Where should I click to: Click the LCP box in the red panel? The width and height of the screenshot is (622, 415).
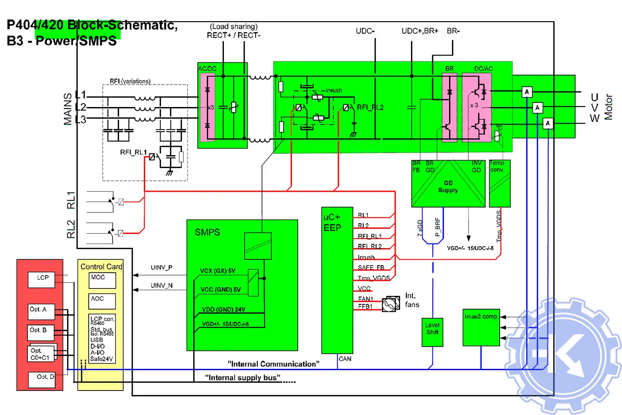(41, 279)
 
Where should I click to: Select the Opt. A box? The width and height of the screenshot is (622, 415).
(41, 311)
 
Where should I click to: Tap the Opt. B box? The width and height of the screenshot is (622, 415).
(41, 332)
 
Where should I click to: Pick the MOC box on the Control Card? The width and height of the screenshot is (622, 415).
(102, 280)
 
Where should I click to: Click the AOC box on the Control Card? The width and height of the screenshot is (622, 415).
(102, 301)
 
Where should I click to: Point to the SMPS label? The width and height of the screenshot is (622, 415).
(207, 232)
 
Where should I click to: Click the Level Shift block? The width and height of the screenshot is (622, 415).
(432, 332)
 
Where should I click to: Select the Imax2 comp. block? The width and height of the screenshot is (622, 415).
(481, 327)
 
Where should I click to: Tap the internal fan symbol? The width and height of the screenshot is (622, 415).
(390, 305)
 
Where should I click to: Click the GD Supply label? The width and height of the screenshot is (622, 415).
(448, 186)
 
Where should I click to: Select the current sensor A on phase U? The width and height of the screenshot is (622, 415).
(527, 92)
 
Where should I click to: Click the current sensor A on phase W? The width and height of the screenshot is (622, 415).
(548, 123)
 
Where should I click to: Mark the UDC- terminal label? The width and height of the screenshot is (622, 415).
(365, 31)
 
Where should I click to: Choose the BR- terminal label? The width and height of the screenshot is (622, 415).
(453, 31)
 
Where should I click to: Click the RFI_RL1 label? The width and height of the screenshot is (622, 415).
(133, 152)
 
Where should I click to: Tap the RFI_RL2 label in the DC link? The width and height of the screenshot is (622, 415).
(370, 107)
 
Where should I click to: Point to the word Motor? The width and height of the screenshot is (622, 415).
(608, 107)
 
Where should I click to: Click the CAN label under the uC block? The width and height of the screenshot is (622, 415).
(345, 359)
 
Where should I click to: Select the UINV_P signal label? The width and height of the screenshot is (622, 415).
(161, 268)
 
